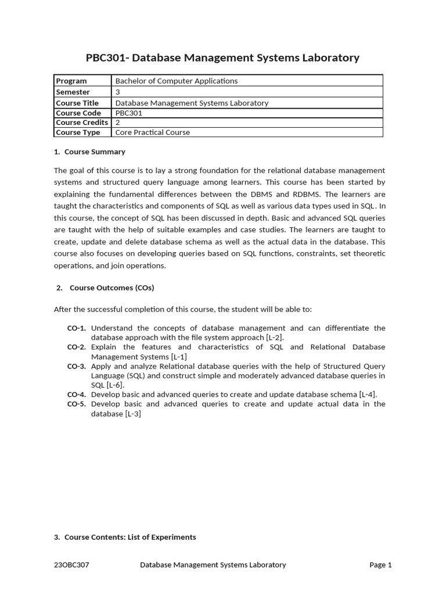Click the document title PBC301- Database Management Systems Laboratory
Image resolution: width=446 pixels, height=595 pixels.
222,58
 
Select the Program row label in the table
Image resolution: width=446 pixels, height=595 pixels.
71,81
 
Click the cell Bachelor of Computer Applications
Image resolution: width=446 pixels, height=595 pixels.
177,81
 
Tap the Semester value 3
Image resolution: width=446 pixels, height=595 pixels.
118,92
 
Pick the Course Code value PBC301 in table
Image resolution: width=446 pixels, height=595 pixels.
128,113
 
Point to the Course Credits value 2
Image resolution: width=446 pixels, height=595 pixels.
118,123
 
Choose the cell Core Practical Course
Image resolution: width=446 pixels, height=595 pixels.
153,132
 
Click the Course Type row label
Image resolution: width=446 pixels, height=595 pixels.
78,132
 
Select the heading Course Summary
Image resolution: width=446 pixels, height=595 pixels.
95,152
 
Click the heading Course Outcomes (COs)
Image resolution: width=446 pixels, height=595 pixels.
111,288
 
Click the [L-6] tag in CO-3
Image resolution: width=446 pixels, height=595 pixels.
116,385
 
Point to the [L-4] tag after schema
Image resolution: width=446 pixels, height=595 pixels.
368,394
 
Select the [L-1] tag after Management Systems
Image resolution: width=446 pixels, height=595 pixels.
179,356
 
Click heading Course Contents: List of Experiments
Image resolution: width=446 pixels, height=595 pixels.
130,537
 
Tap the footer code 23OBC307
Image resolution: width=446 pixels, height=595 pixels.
71,565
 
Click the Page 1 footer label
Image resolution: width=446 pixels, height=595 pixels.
380,565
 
